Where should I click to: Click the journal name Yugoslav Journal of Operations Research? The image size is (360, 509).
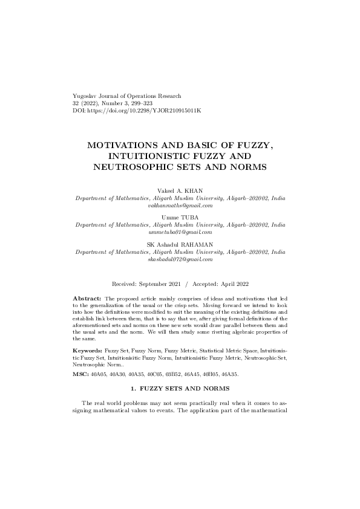(126, 96)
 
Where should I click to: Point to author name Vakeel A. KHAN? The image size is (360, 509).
(180, 191)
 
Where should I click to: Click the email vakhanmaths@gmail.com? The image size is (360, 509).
(180, 206)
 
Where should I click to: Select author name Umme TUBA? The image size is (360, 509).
(180, 216)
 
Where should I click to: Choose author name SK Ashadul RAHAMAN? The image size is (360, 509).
(180, 244)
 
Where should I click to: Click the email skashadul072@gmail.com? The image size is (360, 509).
(180, 259)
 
